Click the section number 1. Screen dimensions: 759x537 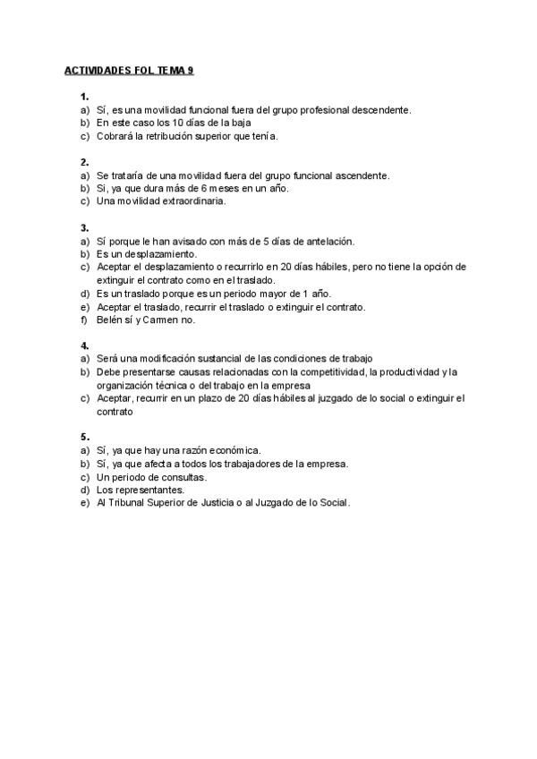point(84,96)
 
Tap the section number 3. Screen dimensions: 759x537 point(84,227)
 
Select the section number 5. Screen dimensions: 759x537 point(84,438)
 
